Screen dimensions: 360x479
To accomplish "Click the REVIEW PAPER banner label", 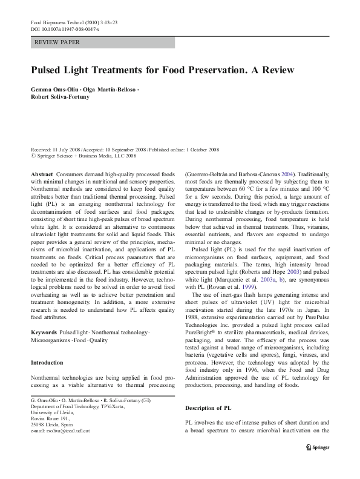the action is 58,42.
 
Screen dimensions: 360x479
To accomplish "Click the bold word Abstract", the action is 41,174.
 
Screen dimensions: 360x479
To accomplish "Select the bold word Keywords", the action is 44,333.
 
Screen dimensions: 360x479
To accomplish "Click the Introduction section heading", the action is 47,363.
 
